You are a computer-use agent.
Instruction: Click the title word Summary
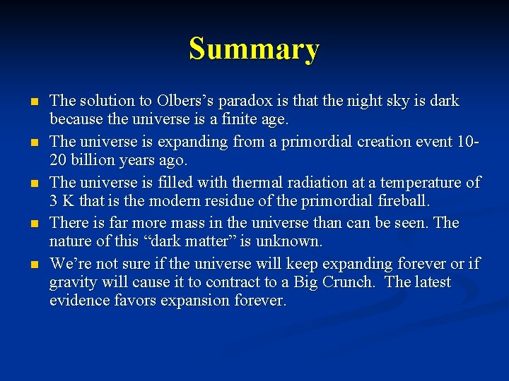pyautogui.click(x=254, y=49)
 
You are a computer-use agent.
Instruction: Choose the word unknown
pyautogui.click(x=290, y=241)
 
